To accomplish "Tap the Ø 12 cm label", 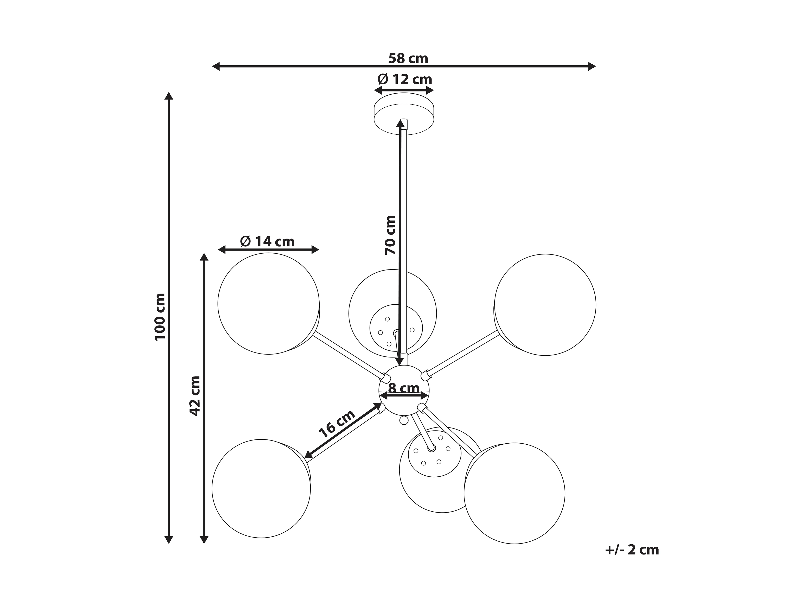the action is pos(404,79).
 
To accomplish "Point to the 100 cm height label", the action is pos(160,317).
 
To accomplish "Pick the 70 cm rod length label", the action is pos(390,235).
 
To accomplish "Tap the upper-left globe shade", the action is pos(268,304).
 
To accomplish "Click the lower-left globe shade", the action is pos(261,489).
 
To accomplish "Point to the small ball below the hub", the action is pos(403,420).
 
